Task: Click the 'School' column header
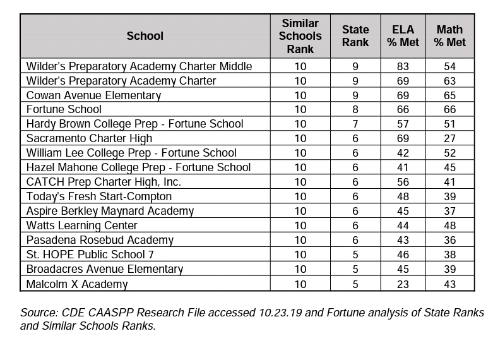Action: click(145, 36)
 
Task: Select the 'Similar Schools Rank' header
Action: click(300, 35)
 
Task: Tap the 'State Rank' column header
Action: click(355, 36)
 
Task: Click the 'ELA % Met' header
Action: click(403, 36)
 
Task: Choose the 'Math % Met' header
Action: click(449, 36)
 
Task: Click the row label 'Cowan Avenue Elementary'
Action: click(93, 95)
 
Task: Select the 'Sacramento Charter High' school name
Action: click(89, 138)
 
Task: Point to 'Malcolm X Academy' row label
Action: click(76, 284)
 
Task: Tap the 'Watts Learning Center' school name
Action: click(81, 225)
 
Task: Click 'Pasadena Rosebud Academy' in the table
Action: click(100, 240)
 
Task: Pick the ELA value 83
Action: click(403, 66)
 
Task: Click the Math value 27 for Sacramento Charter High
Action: click(449, 138)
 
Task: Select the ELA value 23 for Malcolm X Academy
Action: click(403, 284)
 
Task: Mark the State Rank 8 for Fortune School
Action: click(355, 110)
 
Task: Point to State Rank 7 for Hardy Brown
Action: click(355, 124)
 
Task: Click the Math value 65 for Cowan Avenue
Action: click(449, 95)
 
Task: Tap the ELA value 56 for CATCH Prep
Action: click(403, 182)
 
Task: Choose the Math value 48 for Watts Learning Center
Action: click(449, 225)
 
